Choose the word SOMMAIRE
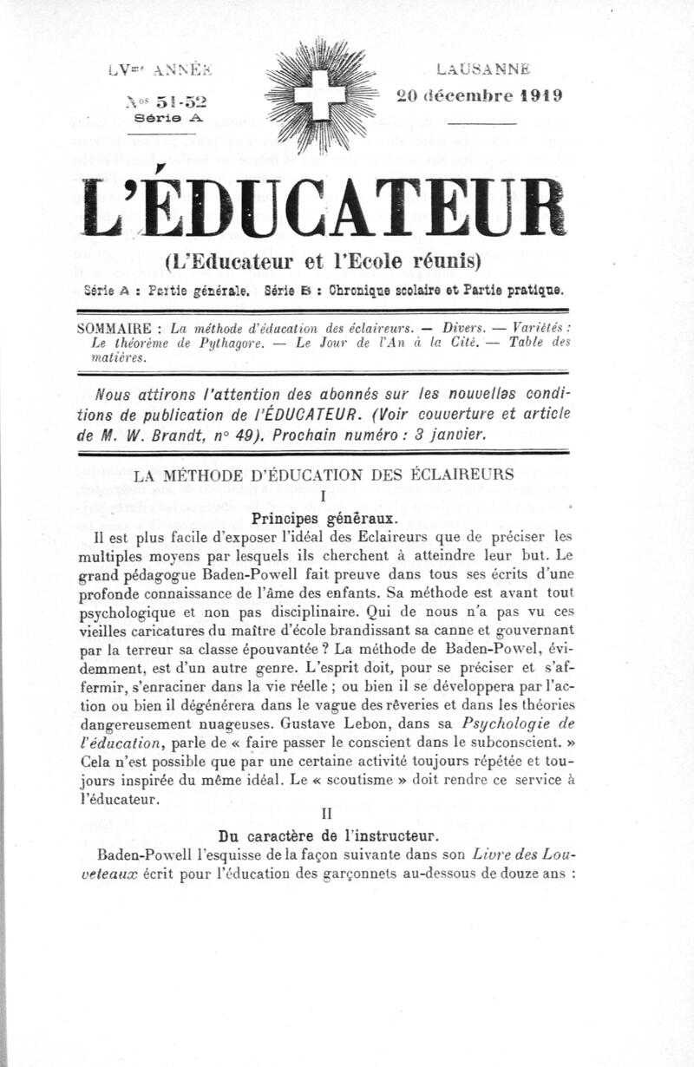115,329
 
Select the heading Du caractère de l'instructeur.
323,836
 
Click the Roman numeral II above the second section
324,815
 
